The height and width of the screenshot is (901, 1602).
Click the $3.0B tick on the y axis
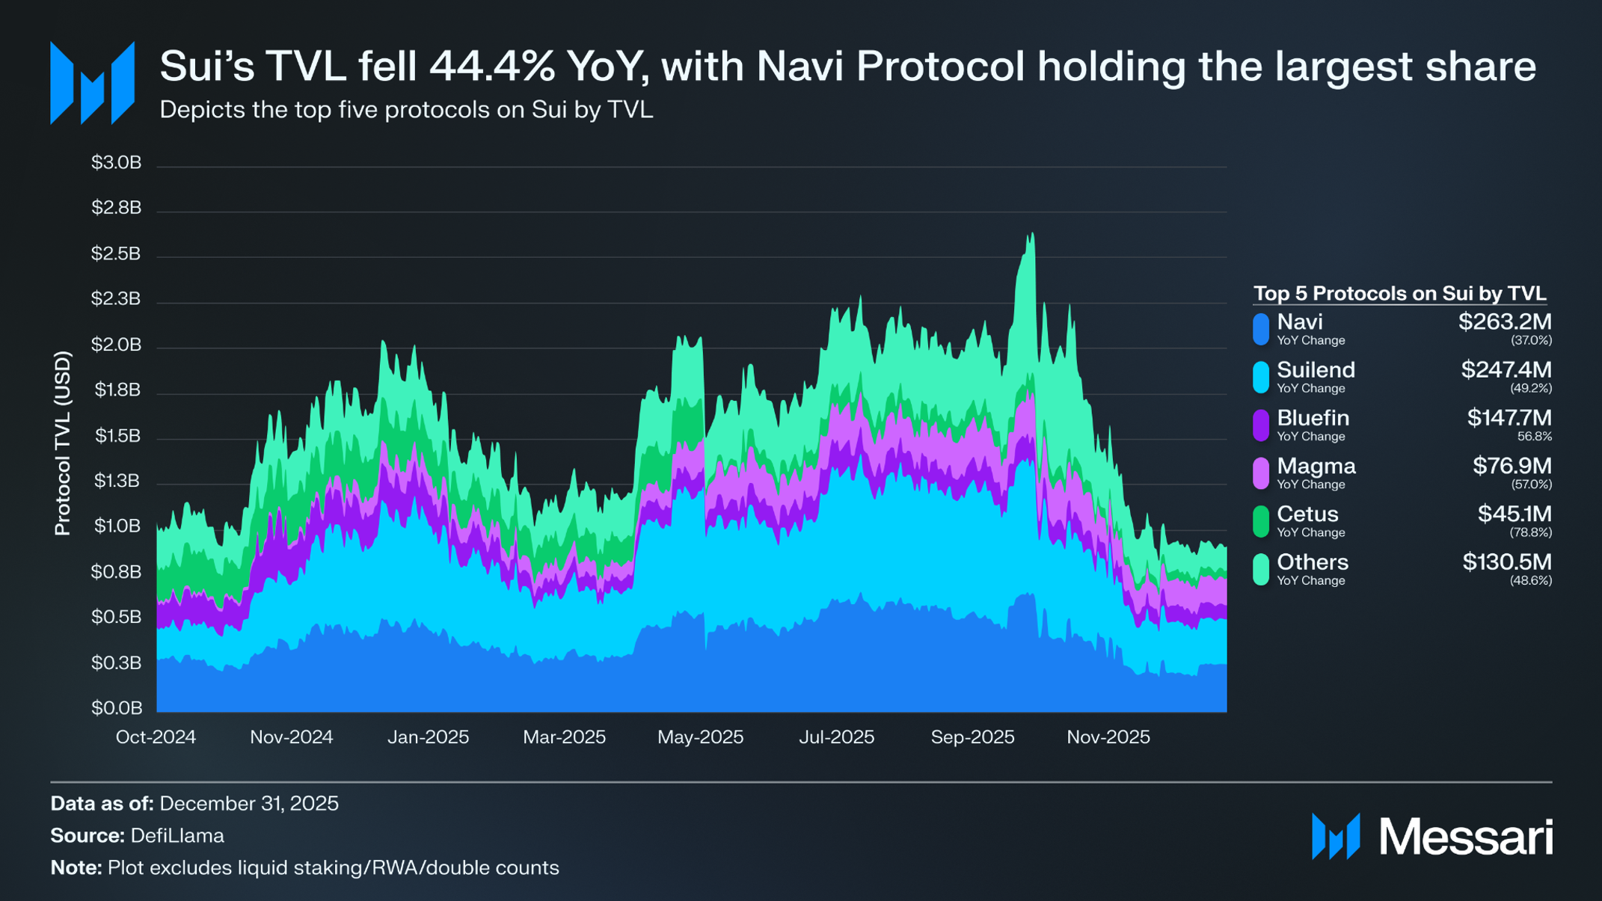click(116, 163)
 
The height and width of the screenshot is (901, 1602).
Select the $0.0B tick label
click(116, 708)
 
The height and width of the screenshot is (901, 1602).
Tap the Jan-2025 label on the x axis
click(428, 737)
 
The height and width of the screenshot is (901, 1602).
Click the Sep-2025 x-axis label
click(972, 737)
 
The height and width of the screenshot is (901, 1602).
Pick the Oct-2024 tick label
click(156, 737)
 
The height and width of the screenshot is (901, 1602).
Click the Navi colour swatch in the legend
click(1261, 330)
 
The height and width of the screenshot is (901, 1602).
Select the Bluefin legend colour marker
click(1261, 425)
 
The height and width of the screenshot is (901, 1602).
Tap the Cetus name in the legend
click(1307, 514)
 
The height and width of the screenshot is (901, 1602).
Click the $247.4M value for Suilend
click(1506, 370)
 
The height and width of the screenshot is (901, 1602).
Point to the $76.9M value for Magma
click(1512, 466)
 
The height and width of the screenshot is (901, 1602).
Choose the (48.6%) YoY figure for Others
click(1531, 581)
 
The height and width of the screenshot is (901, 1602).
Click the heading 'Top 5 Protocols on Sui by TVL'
click(1399, 293)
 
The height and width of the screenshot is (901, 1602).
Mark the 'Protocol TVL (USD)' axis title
click(63, 443)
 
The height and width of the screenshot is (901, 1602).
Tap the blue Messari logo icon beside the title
click(92, 83)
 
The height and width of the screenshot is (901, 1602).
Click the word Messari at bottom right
click(1466, 837)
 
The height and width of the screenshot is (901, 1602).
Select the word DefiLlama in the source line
click(177, 836)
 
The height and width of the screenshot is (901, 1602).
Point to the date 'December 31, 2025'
click(249, 804)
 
